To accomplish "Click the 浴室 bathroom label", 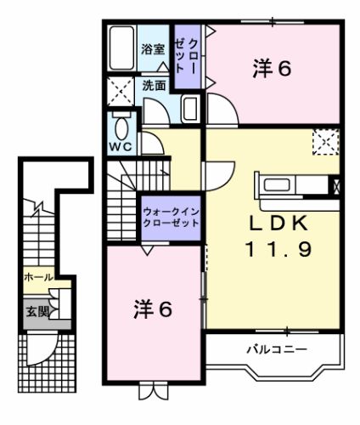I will [154, 50].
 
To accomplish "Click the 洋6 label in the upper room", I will [272, 68].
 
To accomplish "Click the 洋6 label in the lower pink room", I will [154, 309].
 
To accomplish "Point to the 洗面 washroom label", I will [154, 86].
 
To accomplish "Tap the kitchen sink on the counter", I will [277, 185].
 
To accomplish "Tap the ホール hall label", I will [37, 277].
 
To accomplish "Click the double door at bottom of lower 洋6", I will [154, 392].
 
